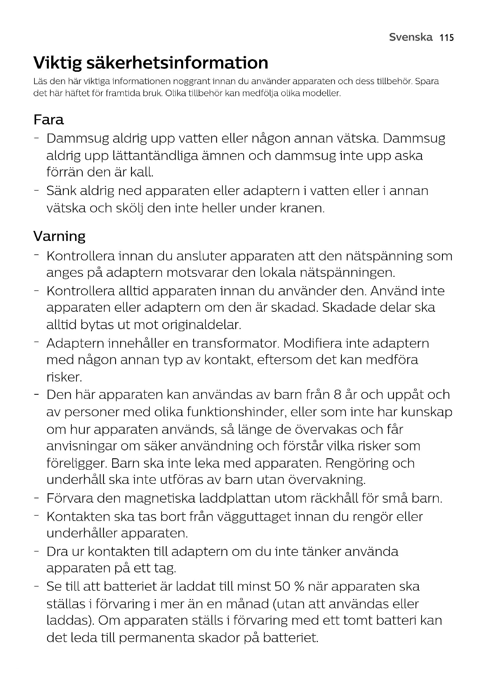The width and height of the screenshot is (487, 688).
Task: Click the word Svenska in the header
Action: (411, 37)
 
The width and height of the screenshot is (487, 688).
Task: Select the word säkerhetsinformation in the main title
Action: (177, 63)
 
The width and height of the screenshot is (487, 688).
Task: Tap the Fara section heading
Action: (49, 120)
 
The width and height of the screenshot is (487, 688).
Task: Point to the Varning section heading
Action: (59, 236)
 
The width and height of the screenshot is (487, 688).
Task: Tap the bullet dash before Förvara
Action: (37, 499)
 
